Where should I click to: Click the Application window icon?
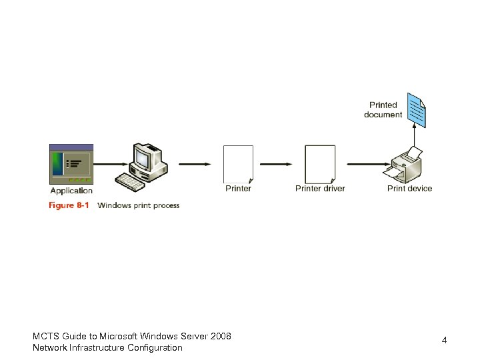(71, 164)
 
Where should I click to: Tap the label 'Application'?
(71, 191)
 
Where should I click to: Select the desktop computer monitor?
(145, 157)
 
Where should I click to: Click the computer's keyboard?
(131, 181)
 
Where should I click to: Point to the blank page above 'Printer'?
(238, 164)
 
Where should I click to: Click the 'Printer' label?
(238, 189)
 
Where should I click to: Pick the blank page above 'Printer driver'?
(320, 164)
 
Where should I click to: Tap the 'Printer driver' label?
(320, 189)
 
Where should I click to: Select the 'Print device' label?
(409, 189)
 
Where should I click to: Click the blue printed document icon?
(417, 110)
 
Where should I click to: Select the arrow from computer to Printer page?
(195, 164)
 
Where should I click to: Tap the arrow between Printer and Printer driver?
(275, 164)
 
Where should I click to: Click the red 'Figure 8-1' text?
(69, 205)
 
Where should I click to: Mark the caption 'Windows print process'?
(138, 205)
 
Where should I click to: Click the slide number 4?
(444, 341)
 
